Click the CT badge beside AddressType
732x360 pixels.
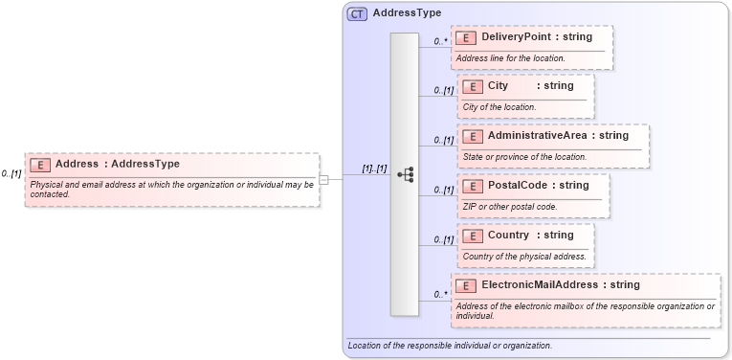click(x=357, y=13)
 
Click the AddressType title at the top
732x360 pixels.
click(x=407, y=13)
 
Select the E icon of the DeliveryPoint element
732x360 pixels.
click(x=466, y=37)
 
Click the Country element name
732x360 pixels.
click(x=508, y=235)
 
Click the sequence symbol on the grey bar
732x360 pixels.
click(x=405, y=174)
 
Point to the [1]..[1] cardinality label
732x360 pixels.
click(x=373, y=169)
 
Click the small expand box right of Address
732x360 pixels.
click(x=324, y=179)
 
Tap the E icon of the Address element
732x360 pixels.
click(x=40, y=164)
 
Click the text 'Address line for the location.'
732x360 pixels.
click(x=510, y=58)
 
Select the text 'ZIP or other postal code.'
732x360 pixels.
click(x=510, y=206)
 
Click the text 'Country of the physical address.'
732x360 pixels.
click(x=524, y=256)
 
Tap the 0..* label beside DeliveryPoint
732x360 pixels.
click(x=440, y=41)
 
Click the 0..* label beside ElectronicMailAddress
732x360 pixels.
click(x=440, y=294)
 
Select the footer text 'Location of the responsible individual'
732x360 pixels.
click(x=450, y=345)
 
